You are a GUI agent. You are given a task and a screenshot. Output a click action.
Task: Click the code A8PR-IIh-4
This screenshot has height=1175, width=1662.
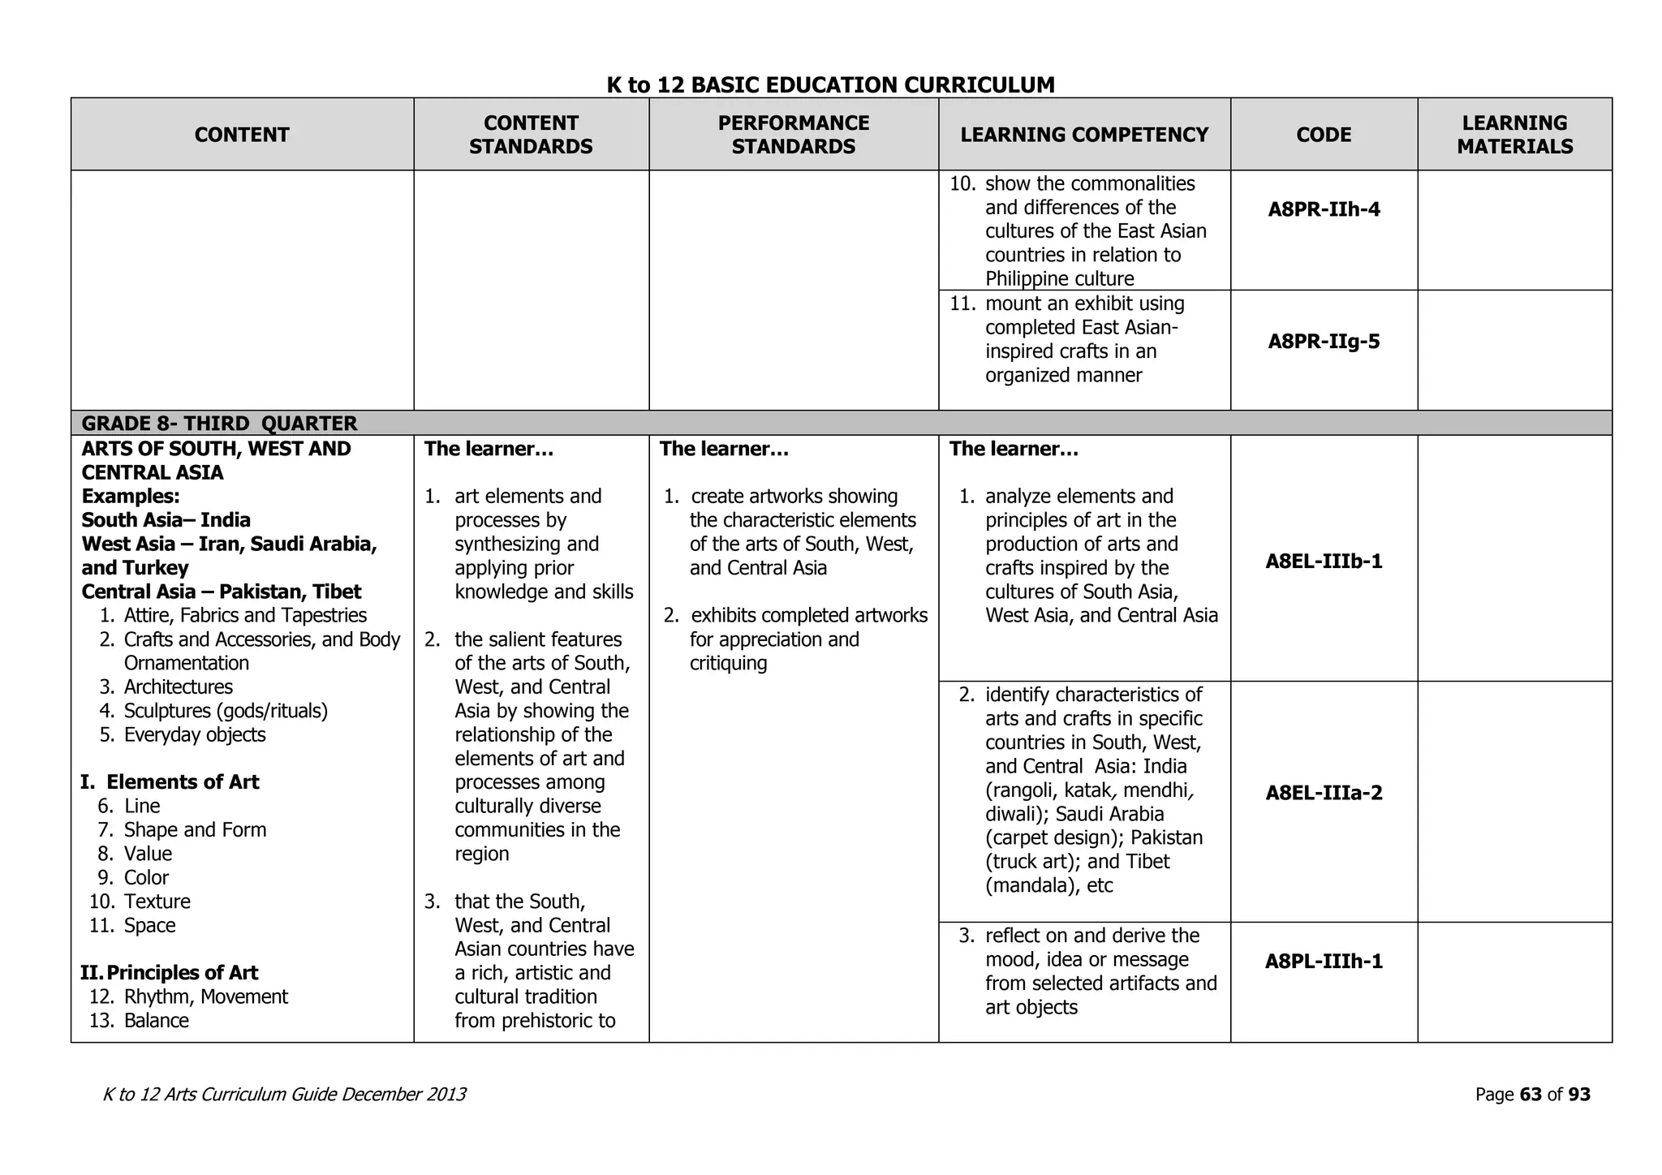[1324, 210]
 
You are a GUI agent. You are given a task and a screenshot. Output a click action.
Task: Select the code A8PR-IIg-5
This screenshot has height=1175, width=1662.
[1324, 342]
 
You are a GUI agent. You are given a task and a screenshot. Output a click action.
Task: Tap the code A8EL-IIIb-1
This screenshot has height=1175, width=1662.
[1324, 562]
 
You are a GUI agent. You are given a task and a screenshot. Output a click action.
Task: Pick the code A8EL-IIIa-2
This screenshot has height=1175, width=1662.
[1324, 793]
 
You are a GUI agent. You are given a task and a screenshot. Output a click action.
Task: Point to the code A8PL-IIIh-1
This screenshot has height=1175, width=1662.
[1324, 962]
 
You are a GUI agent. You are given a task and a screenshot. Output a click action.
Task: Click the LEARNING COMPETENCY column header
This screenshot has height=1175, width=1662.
[1084, 135]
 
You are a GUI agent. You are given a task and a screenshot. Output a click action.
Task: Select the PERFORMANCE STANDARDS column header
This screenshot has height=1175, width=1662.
[793, 135]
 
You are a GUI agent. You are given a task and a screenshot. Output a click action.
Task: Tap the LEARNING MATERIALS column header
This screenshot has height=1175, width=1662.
[1514, 135]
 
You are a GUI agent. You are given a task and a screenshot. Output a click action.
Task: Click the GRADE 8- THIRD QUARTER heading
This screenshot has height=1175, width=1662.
[219, 424]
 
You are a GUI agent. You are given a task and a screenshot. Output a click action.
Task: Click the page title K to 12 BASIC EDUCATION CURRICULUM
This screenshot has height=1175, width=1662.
[830, 84]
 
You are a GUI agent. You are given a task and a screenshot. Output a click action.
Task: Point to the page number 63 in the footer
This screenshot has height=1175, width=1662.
[1530, 1095]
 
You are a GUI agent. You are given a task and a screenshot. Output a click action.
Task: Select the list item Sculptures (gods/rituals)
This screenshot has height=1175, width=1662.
[226, 712]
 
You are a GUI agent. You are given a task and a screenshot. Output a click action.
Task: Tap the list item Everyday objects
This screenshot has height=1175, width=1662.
[195, 735]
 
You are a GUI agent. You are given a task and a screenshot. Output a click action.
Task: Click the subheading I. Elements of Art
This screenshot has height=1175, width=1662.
[170, 782]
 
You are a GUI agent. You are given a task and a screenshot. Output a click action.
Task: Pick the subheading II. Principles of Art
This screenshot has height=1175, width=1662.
[170, 973]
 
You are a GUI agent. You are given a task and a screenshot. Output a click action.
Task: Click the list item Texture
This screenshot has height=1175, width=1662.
[157, 902]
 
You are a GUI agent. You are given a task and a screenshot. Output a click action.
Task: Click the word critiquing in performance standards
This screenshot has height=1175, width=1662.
[728, 664]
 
